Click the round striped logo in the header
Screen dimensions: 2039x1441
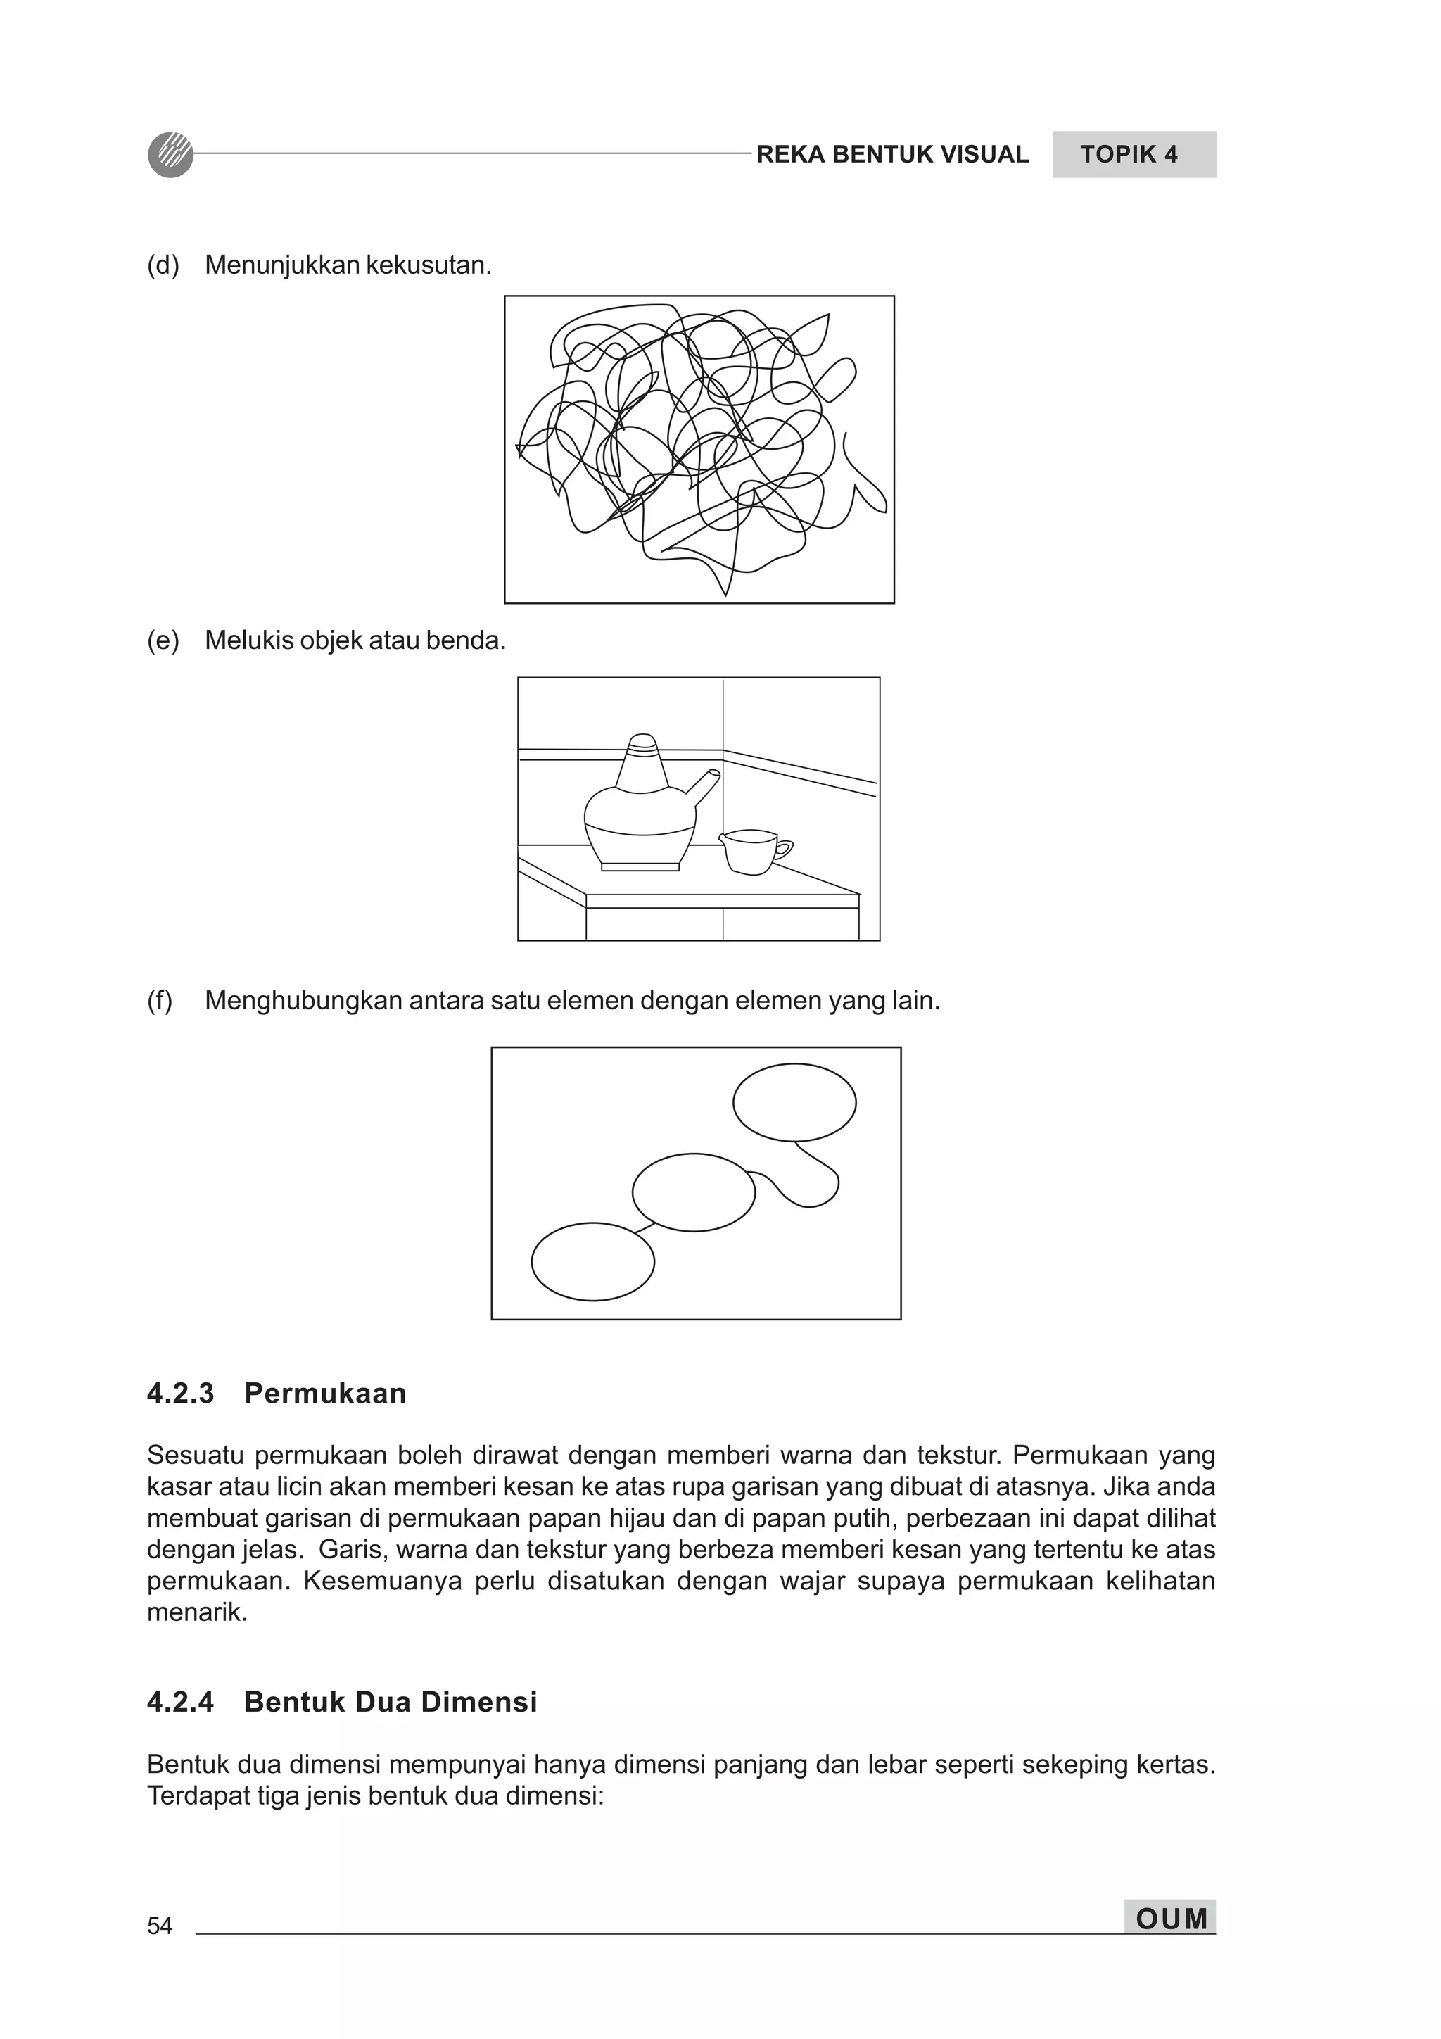170,155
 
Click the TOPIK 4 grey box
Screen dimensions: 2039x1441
1133,155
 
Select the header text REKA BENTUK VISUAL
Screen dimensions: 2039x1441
891,155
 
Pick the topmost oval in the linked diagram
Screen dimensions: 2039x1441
794,1102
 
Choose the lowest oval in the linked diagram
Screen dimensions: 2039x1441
592,1261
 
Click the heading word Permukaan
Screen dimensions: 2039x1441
325,1394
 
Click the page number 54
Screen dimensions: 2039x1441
160,1925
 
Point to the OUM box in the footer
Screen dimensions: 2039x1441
1169,1918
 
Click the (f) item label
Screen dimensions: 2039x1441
160,1001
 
